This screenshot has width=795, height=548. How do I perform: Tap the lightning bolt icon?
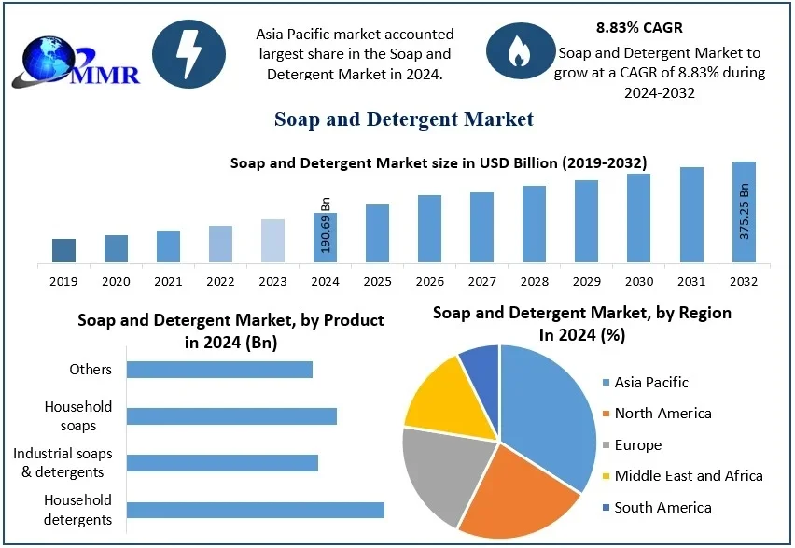click(188, 53)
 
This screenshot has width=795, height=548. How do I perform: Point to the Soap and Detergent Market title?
click(404, 119)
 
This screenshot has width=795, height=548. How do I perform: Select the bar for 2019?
click(63, 250)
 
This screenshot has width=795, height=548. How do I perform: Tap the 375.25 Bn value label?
click(745, 211)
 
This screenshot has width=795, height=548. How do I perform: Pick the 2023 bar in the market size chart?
click(272, 241)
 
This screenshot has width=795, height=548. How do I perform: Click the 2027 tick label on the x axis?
click(482, 281)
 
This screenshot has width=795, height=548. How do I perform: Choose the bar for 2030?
click(639, 218)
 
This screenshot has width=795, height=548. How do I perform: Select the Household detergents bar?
click(255, 510)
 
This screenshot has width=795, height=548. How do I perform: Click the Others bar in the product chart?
click(219, 370)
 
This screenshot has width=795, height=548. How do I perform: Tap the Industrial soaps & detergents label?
click(63, 463)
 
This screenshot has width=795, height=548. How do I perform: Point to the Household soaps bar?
click(231, 416)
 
